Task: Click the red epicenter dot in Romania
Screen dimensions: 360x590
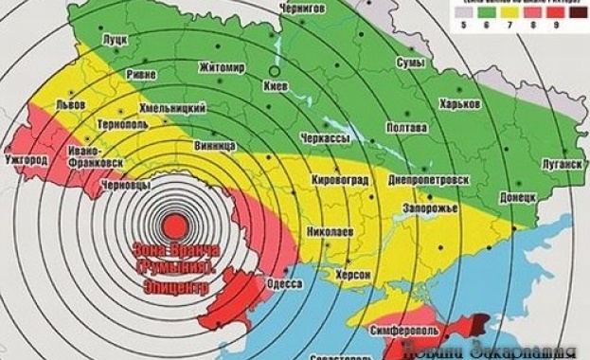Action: pyautogui.click(x=175, y=227)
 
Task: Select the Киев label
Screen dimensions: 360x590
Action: pyautogui.click(x=275, y=84)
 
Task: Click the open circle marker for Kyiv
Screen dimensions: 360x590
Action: pyautogui.click(x=275, y=71)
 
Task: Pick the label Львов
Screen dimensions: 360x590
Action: pyautogui.click(x=71, y=103)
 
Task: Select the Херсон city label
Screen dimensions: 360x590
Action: pyautogui.click(x=351, y=275)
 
